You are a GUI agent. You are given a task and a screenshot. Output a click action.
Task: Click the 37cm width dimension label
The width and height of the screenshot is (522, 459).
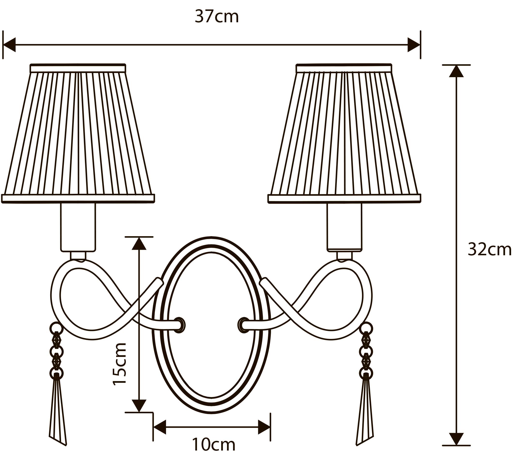tap(217, 17)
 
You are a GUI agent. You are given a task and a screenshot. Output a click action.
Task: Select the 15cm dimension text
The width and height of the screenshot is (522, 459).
tap(120, 364)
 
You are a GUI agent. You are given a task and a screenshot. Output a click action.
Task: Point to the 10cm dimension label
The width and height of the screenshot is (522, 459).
tap(213, 444)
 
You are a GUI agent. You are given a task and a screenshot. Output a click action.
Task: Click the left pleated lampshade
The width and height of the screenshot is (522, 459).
tap(78, 133)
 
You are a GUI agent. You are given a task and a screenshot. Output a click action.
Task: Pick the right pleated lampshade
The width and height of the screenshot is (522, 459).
tap(344, 133)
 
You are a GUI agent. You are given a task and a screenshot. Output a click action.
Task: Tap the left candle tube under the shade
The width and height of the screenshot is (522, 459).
tap(78, 227)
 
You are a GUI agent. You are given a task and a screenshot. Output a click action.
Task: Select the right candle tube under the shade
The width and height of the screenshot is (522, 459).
tap(344, 227)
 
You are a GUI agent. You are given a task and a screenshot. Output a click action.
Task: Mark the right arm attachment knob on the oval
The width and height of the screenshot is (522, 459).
tap(243, 325)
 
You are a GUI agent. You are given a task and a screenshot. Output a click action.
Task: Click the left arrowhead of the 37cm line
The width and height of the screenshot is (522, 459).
tap(9, 45)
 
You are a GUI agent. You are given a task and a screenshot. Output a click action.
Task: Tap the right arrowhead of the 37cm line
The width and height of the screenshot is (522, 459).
tap(414, 45)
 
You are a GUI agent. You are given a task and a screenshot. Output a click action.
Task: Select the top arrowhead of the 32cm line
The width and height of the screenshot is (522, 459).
tap(456, 71)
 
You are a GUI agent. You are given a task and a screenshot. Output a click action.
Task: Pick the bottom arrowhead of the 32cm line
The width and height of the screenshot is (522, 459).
tap(456, 439)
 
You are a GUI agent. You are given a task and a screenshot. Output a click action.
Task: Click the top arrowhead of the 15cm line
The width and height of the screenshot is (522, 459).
tap(139, 244)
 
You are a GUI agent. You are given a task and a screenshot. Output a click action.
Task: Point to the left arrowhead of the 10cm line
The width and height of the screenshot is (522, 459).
tap(160, 427)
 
